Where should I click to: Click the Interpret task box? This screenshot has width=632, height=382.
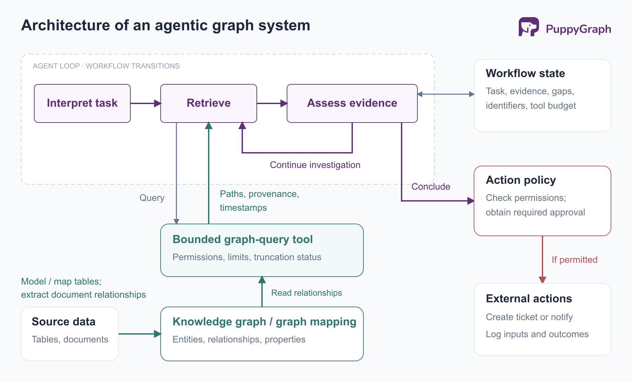[82, 103]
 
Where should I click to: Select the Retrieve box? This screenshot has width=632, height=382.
[209, 103]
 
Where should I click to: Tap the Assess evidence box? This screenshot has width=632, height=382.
[352, 103]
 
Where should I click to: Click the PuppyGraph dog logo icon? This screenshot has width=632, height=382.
[529, 27]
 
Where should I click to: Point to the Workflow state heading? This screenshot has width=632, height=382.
[525, 73]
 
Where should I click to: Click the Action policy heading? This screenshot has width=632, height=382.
[521, 180]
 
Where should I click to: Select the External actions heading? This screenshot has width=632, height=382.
[529, 298]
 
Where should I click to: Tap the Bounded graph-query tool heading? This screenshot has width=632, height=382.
[243, 239]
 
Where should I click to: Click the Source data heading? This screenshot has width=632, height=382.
[64, 321]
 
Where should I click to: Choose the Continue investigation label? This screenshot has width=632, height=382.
[315, 165]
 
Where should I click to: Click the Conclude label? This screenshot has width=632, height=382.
[431, 186]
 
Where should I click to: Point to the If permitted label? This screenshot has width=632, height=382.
[574, 259]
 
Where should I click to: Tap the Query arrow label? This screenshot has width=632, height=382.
[152, 198]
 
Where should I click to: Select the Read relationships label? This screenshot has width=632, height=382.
[306, 293]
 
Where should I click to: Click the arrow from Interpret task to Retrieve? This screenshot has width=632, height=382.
[146, 103]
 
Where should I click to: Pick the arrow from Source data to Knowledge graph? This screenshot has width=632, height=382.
[140, 334]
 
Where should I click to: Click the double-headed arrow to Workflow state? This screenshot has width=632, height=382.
[446, 94]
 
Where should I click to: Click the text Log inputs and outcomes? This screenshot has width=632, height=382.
[537, 334]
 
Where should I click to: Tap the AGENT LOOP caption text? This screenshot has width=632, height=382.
[106, 66]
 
